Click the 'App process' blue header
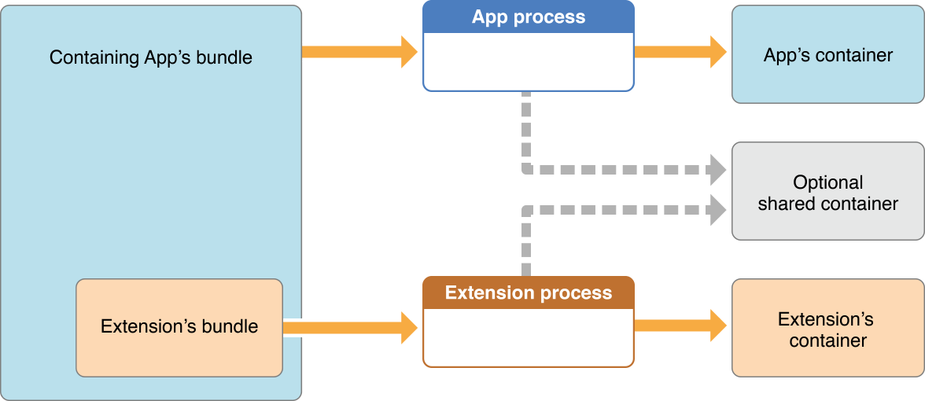click(529, 17)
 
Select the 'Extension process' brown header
click(529, 292)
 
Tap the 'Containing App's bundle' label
click(151, 58)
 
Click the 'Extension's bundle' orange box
click(179, 327)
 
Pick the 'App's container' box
click(827, 55)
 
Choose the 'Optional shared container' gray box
click(827, 192)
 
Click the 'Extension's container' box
click(827, 329)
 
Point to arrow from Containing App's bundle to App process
click(359, 52)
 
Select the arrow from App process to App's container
click(680, 52)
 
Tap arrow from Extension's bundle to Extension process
click(351, 327)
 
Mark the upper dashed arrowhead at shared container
click(717, 169)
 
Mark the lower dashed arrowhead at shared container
click(717, 209)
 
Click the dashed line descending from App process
click(525, 130)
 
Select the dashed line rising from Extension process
click(525, 244)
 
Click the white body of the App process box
click(529, 61)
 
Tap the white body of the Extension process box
click(529, 337)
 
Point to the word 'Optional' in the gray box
click(827, 182)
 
